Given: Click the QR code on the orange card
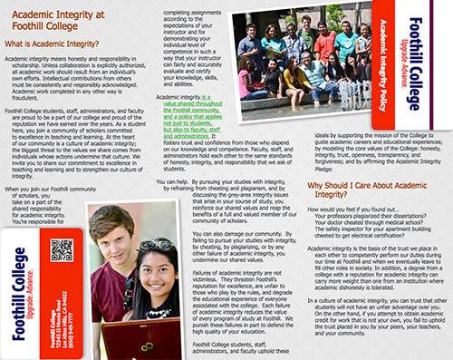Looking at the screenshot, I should pos(62,249).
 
